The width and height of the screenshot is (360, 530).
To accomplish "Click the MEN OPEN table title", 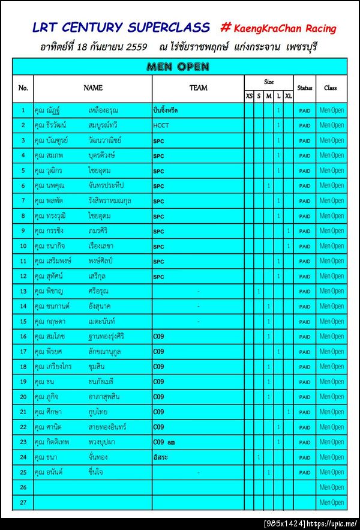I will coord(177,67).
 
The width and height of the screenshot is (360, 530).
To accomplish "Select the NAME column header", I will coord(93,88).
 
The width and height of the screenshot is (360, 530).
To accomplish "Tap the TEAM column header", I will coord(198,88).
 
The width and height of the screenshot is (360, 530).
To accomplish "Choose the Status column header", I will coord(305,88).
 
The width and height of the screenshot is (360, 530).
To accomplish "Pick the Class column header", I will coord(331,88).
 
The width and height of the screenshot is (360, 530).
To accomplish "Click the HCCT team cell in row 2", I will coord(161,125).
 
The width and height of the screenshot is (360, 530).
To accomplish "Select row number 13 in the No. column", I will coord(23,291).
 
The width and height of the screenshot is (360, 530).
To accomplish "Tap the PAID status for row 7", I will coord(305,201).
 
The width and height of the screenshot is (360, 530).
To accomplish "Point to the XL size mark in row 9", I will coord(289,231).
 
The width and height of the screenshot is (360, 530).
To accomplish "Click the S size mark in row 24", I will coord(259,457).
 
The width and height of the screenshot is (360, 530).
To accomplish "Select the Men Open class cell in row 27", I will coord(331,502).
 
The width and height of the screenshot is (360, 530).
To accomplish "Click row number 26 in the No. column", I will coord(23,487).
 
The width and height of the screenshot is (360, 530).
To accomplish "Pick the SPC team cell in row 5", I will coord(158,171).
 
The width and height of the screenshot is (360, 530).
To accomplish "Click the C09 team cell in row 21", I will coord(158,412).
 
